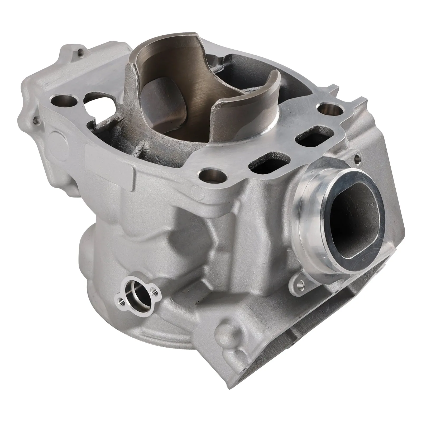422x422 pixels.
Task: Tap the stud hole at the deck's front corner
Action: (x=213, y=175)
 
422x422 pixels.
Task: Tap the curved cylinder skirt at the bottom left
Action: (x=105, y=264)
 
